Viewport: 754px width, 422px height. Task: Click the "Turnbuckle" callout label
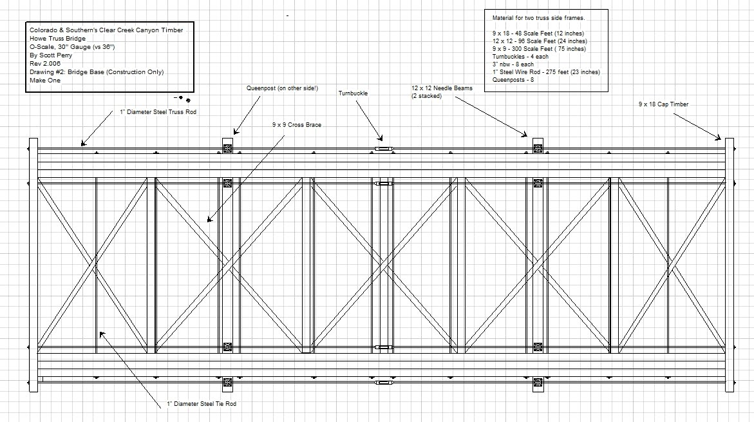pyautogui.click(x=354, y=93)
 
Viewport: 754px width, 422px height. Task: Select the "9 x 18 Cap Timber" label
pyautogui.click(x=663, y=104)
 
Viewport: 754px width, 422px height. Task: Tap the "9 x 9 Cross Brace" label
pyautogui.click(x=296, y=125)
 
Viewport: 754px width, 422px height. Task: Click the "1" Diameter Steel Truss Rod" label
pyautogui.click(x=158, y=111)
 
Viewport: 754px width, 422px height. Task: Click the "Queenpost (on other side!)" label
pyautogui.click(x=282, y=88)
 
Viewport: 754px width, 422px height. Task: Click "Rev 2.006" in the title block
pyautogui.click(x=44, y=64)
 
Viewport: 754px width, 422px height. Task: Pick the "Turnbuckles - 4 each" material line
pyautogui.click(x=520, y=57)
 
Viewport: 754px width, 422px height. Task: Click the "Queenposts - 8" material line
pyautogui.click(x=514, y=80)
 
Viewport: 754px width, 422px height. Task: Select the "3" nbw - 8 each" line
pyautogui.click(x=514, y=64)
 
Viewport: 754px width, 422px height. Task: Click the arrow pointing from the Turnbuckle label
pyautogui.click(x=368, y=120)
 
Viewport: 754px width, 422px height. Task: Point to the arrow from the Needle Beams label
pyautogui.click(x=489, y=115)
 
